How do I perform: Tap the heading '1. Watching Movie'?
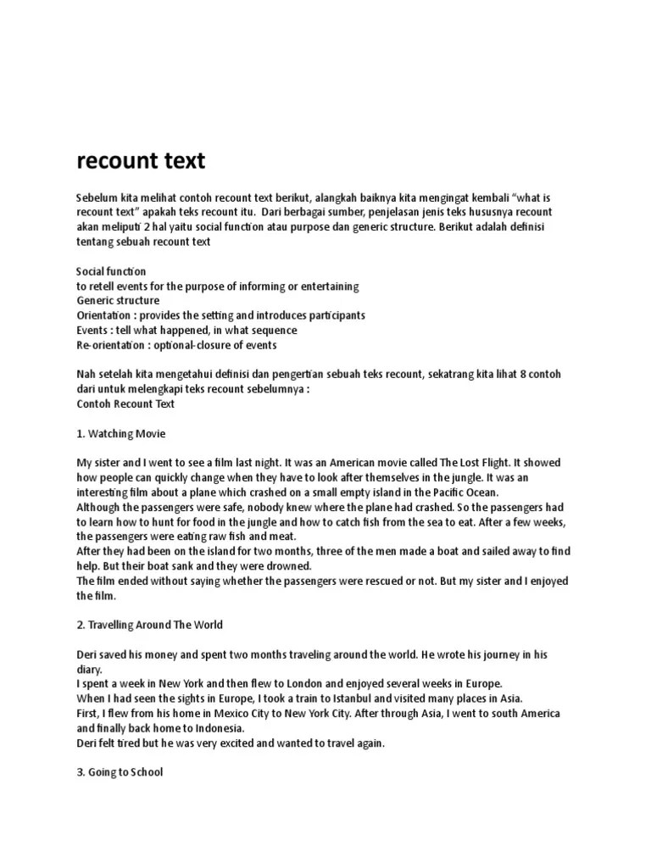[x=121, y=433]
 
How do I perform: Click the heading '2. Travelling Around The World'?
[x=150, y=625]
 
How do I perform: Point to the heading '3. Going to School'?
[x=120, y=772]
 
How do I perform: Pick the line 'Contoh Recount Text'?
[x=125, y=403]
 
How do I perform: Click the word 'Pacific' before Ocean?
[x=437, y=492]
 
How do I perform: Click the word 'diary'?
[x=90, y=669]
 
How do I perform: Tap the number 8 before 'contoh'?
[x=532, y=375]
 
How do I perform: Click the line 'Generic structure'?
[x=118, y=301]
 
